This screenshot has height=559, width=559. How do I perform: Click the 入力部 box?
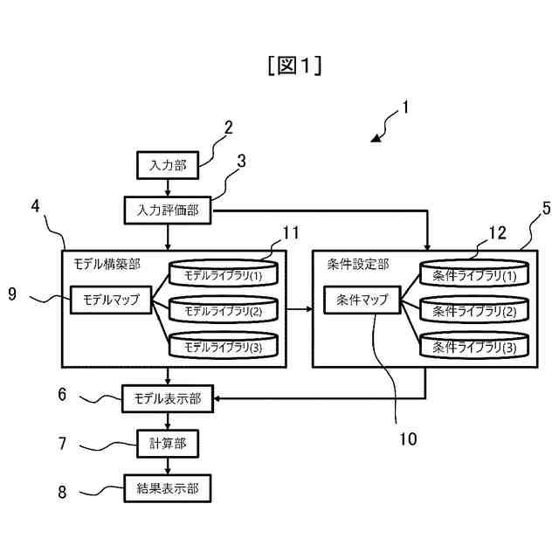tap(168, 165)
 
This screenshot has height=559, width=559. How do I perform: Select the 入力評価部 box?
tap(168, 210)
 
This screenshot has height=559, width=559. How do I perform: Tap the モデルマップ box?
tap(111, 300)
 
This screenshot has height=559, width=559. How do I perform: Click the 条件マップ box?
tap(362, 300)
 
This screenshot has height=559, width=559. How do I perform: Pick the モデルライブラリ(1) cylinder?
tap(224, 273)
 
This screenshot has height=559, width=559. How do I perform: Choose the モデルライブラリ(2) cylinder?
tap(224, 309)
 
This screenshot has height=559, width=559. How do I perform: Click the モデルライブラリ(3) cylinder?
tap(224, 345)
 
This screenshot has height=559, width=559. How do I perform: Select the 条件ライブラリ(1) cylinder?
tap(474, 273)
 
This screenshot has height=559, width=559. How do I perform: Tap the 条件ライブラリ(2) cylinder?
tap(474, 309)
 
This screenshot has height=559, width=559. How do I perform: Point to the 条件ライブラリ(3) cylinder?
tap(474, 345)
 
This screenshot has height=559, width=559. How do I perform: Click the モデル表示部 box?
tap(168, 398)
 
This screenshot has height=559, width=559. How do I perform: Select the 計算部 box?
tap(168, 444)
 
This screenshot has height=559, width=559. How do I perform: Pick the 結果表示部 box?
tap(168, 488)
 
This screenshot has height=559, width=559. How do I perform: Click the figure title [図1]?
tap(295, 66)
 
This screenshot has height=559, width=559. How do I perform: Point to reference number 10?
tap(408, 438)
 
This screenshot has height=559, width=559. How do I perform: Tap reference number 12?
tap(497, 233)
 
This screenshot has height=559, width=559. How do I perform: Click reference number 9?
tap(12, 294)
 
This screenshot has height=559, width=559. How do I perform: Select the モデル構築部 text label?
tap(107, 264)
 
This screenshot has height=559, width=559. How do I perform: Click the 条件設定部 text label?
tap(358, 264)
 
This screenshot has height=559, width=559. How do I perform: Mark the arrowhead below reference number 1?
tap(376, 138)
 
